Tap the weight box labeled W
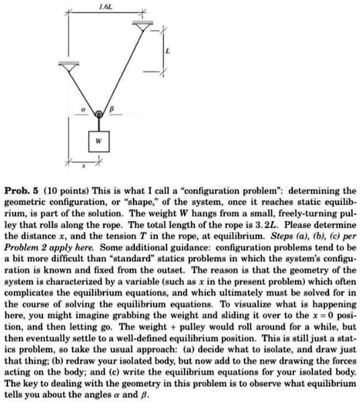coord(99,142)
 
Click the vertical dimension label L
coord(168,51)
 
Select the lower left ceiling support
coord(66,66)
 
